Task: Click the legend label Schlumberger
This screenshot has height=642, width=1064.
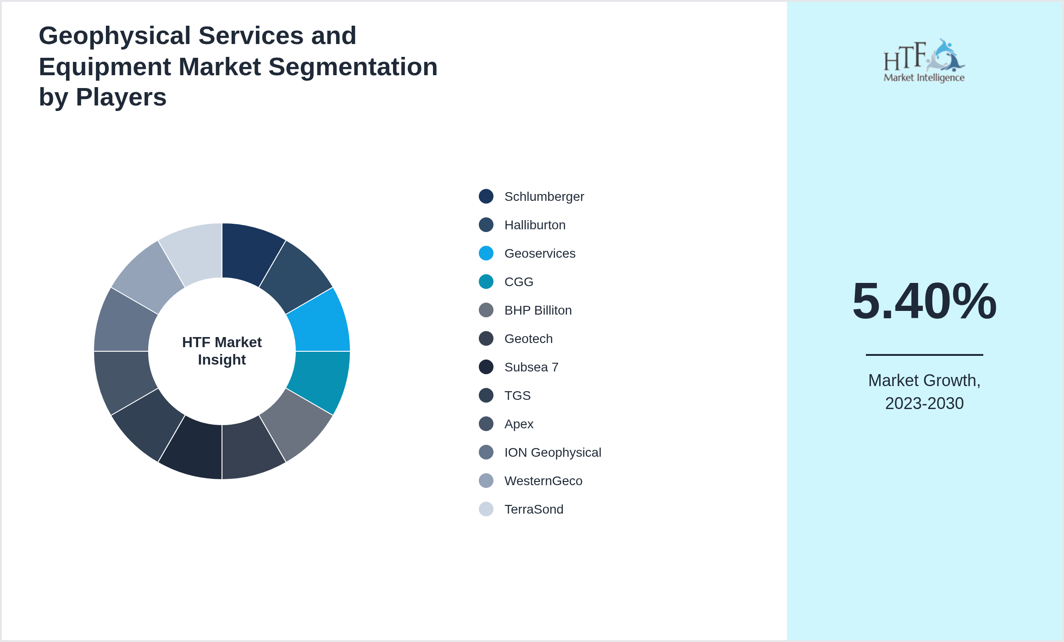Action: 544,197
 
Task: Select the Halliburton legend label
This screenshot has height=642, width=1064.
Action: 535,225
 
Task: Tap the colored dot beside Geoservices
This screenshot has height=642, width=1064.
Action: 486,253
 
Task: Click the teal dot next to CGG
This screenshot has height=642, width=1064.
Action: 486,282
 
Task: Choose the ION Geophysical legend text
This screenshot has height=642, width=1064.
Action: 552,453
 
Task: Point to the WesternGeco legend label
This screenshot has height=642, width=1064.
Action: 543,481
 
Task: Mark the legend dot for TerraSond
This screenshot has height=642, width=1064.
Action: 486,509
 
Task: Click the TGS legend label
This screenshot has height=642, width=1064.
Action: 517,396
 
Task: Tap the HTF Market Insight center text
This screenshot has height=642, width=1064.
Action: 222,351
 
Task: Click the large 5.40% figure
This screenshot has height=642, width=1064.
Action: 924,301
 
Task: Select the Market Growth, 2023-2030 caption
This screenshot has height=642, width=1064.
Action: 924,392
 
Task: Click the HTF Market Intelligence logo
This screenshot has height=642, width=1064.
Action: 924,61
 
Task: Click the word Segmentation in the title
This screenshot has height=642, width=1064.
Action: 353,66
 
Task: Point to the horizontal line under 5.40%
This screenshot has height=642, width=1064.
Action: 924,354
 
